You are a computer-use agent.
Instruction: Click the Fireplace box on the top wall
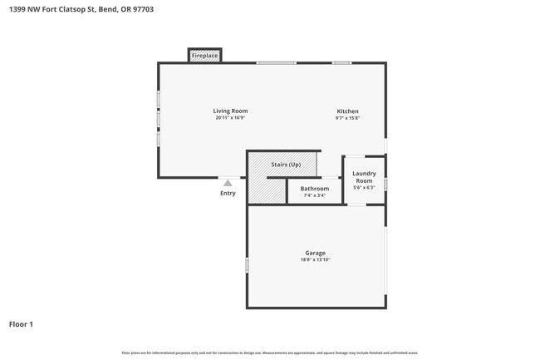click(x=204, y=56)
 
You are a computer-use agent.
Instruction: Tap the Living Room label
click(x=230, y=111)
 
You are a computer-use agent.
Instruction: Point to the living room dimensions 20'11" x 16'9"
click(x=230, y=118)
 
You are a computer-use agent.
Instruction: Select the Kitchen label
click(x=347, y=111)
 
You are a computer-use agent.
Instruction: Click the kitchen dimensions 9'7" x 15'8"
click(x=347, y=118)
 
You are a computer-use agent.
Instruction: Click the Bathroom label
click(x=315, y=189)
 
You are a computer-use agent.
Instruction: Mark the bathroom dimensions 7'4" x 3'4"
click(x=315, y=195)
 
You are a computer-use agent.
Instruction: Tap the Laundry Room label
click(x=364, y=177)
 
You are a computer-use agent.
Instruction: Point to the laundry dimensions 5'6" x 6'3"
click(x=364, y=188)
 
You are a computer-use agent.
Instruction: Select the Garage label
click(x=315, y=253)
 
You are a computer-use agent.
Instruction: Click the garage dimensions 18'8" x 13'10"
click(x=315, y=260)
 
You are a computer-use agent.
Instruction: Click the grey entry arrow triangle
click(x=228, y=183)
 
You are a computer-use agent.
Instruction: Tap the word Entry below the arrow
click(x=228, y=193)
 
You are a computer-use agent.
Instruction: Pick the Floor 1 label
click(x=22, y=324)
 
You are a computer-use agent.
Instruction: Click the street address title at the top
click(x=81, y=10)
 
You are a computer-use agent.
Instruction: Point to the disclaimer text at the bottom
click(x=270, y=353)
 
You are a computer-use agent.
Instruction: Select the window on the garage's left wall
click(x=247, y=265)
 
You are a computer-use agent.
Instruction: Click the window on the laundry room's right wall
click(x=385, y=185)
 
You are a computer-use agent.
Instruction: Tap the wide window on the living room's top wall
click(x=276, y=63)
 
